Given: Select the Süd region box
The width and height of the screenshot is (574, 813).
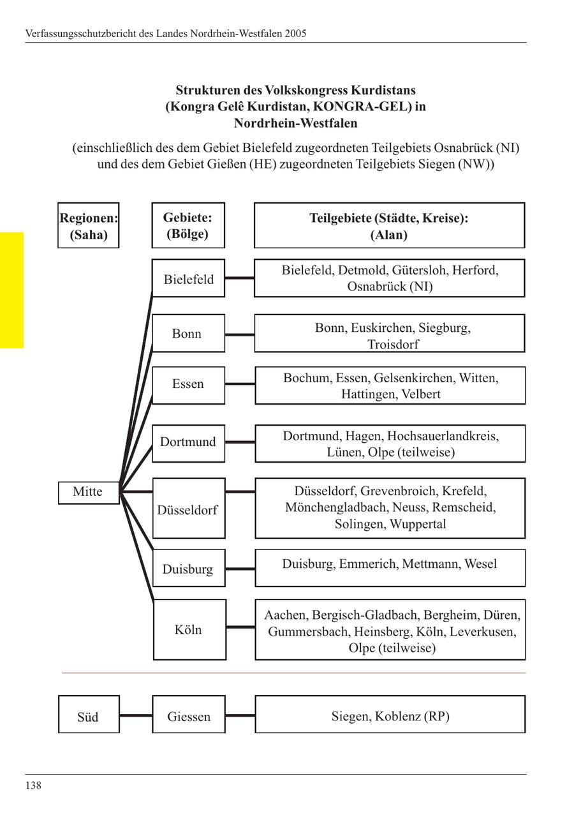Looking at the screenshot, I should click(x=88, y=715).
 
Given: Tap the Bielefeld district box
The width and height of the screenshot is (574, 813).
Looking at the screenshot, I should click(x=188, y=278).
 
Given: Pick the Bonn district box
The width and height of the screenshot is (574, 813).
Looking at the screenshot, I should click(x=188, y=333).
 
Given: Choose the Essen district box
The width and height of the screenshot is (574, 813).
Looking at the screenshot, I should click(x=188, y=385).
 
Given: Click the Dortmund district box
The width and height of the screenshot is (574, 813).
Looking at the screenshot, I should click(x=188, y=442).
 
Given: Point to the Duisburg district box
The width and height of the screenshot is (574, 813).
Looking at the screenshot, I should click(x=188, y=568).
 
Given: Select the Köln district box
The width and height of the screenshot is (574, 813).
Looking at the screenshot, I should click(x=189, y=630).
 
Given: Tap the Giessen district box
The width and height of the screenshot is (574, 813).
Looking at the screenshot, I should click(x=189, y=715).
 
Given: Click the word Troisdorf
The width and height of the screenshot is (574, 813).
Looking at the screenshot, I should click(x=393, y=345).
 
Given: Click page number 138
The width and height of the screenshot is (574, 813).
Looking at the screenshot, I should click(x=33, y=786).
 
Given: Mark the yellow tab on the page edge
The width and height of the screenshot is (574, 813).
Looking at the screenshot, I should click(x=11, y=290).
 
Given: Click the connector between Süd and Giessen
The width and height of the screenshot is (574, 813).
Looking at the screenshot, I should click(x=136, y=715).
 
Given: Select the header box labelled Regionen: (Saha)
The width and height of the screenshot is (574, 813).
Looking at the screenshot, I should click(x=89, y=225).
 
